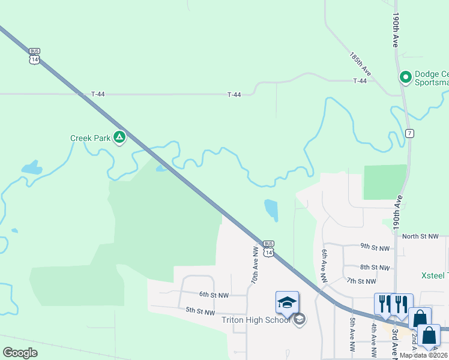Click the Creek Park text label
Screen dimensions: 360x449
click(x=90, y=138)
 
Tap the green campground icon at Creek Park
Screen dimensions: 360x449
click(x=119, y=138)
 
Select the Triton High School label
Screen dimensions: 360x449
click(x=256, y=320)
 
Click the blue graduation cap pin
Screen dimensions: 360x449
click(x=287, y=302)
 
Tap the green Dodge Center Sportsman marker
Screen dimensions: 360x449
click(x=405, y=77)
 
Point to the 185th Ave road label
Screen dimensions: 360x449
click(x=361, y=64)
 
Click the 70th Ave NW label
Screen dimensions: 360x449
click(x=255, y=265)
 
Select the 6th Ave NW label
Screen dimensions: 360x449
click(x=324, y=266)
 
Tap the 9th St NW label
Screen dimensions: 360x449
click(x=375, y=247)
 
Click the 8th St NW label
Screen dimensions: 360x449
click(x=375, y=267)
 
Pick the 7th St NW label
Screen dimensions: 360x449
click(x=361, y=281)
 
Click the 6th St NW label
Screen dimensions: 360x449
click(x=214, y=295)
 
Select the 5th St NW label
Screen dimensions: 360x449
click(x=200, y=311)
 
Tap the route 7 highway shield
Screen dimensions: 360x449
click(x=409, y=133)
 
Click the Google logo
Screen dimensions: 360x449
click(x=20, y=353)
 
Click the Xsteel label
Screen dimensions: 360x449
click(x=434, y=275)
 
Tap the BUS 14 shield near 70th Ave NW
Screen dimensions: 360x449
click(x=269, y=250)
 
